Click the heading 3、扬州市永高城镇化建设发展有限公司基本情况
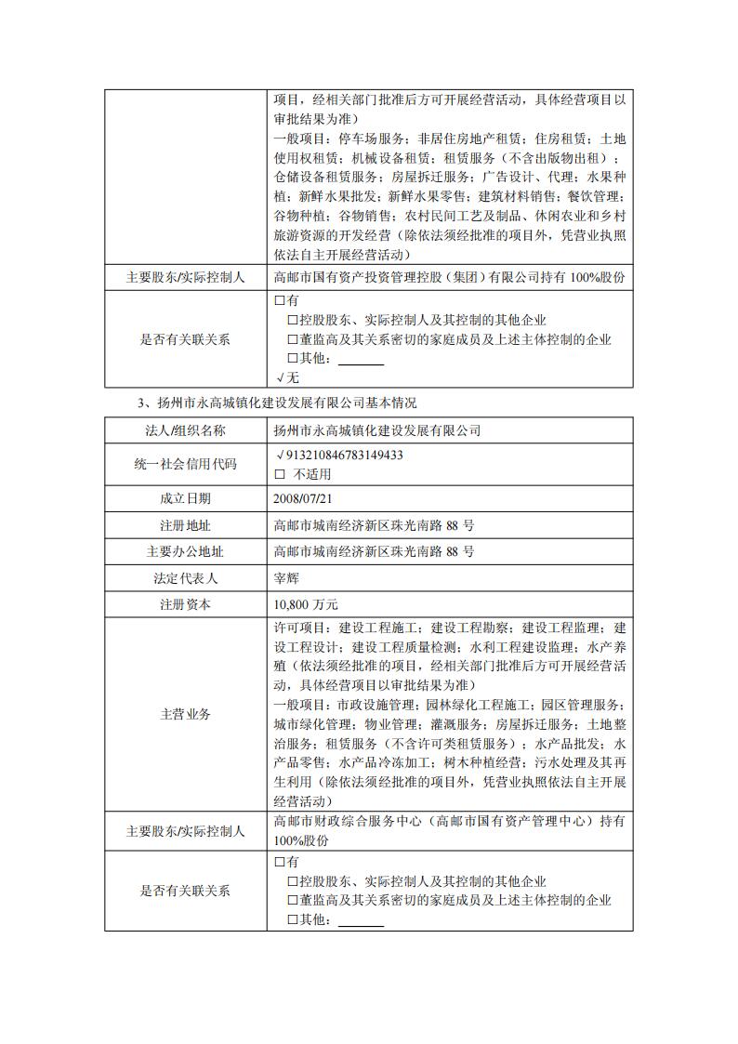(x=277, y=403)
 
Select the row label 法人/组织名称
(x=185, y=430)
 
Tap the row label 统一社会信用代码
(x=185, y=464)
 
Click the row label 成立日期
(x=185, y=498)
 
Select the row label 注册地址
(x=185, y=524)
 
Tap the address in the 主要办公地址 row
(x=374, y=551)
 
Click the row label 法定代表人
(x=185, y=577)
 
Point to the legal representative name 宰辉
(x=286, y=577)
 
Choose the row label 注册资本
(x=185, y=603)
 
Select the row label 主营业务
(x=185, y=714)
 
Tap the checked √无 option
(x=287, y=377)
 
